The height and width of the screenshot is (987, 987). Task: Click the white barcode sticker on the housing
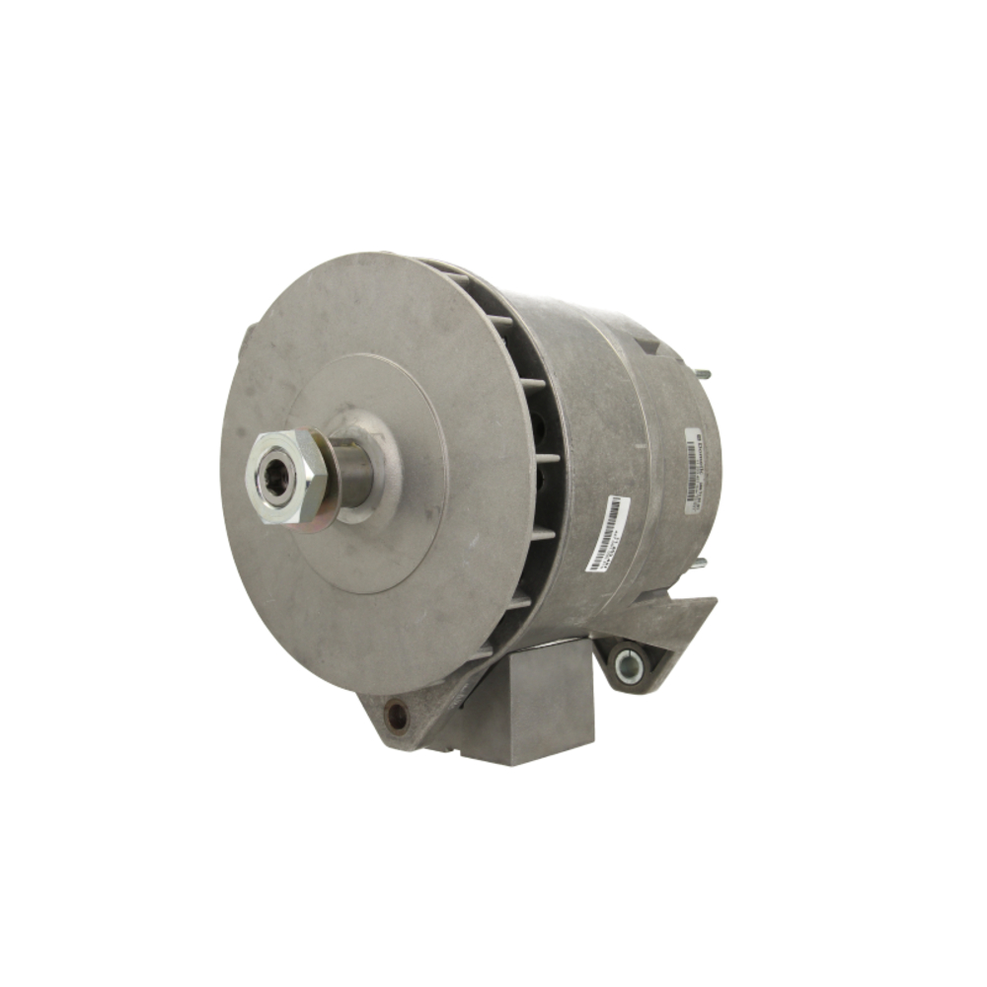[x=607, y=534]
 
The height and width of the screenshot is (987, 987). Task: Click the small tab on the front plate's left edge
[x=242, y=341]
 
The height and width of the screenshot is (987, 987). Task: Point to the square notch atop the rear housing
[x=646, y=345]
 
